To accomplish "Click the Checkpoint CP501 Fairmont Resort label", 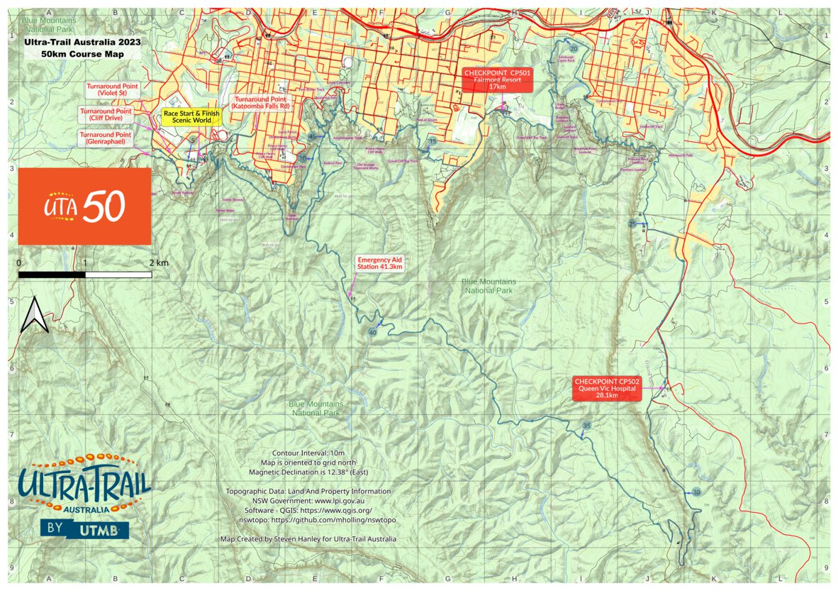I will pos(498,80).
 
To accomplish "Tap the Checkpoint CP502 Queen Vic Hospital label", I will pos(606,388).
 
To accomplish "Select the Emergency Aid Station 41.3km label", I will pos(380,263).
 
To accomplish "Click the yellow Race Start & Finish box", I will pos(191,116).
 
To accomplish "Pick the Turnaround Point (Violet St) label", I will pos(112,89).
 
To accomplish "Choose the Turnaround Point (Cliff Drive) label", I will pos(106,115).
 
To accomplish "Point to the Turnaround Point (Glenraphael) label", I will pos(106,138).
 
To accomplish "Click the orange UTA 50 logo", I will pos(84,206).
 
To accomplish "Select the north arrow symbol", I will pos(34,316).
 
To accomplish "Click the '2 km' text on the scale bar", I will pos(159,262).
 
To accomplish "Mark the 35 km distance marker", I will pos(586,426).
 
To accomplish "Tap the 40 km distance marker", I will pos(373,332).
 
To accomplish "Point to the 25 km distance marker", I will pos(632,224).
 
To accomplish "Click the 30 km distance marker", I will pos(696,492).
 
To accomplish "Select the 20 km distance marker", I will pos(574,48).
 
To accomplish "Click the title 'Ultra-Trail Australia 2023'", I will pos(82,42).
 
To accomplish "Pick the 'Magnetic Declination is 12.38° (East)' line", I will pos(308,472).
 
